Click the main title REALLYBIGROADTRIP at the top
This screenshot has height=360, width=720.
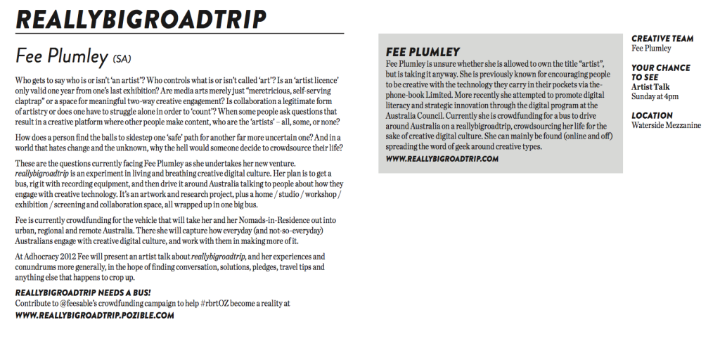[141, 19]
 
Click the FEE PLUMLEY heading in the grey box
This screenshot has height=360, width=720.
[423, 51]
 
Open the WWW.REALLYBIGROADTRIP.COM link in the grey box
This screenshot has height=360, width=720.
[442, 159]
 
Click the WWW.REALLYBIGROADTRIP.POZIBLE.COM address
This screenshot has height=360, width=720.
[94, 316]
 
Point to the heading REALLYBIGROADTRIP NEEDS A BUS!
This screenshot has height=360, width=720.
[83, 292]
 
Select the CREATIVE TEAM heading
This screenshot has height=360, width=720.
[662, 39]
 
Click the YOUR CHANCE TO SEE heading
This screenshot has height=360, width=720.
[660, 72]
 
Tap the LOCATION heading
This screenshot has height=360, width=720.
[652, 115]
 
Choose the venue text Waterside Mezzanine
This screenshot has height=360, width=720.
[667, 125]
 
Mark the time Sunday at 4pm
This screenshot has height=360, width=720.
[655, 96]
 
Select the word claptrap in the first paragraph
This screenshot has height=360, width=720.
[31, 101]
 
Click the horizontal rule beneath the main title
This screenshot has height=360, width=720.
[180, 34]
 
